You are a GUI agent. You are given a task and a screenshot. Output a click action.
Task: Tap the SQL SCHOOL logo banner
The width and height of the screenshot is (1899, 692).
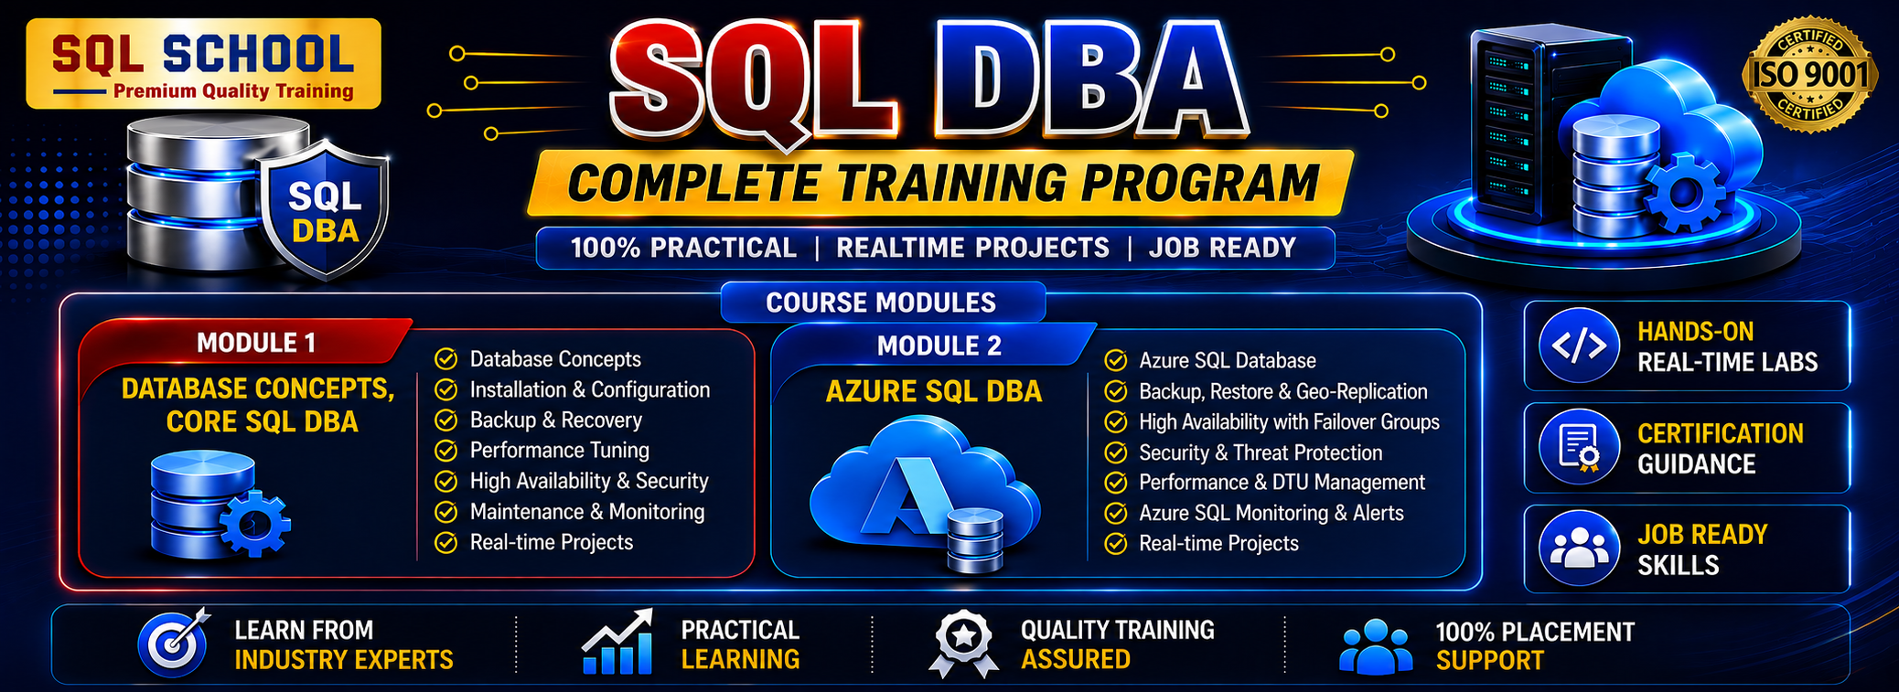click(203, 63)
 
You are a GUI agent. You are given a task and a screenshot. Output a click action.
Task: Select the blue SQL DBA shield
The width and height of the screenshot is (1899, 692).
click(325, 208)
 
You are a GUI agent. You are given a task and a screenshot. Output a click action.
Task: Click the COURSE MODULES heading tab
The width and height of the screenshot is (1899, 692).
click(883, 303)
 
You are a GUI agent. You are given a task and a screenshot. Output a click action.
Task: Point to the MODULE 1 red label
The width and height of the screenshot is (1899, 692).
click(256, 343)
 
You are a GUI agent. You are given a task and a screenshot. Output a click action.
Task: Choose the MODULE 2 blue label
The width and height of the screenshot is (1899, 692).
click(939, 346)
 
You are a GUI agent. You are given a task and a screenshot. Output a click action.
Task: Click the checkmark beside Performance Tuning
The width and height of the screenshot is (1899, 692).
click(445, 451)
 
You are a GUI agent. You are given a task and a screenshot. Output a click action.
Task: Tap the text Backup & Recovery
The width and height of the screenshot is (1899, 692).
click(556, 420)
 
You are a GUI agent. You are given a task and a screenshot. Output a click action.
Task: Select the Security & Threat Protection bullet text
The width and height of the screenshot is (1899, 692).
click(1261, 452)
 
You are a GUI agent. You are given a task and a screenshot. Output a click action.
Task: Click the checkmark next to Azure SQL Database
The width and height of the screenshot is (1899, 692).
click(1116, 360)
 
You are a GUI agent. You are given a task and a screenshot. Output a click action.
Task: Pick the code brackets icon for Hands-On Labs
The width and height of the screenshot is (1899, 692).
click(1579, 346)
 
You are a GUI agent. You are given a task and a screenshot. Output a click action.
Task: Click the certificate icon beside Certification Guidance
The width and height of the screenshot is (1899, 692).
click(1579, 448)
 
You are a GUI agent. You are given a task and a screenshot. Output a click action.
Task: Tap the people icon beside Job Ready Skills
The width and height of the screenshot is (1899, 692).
click(1579, 548)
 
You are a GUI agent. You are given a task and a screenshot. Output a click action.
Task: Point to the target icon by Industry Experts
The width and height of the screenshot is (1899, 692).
click(174, 642)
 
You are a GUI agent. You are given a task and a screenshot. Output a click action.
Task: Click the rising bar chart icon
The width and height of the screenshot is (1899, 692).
click(617, 642)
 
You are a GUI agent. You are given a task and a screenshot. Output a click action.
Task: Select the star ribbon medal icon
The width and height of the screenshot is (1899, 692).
click(963, 644)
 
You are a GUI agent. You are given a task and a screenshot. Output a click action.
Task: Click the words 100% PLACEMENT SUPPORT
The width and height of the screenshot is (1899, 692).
click(1535, 645)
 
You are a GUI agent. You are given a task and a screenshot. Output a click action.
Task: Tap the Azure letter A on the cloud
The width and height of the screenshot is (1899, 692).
click(905, 495)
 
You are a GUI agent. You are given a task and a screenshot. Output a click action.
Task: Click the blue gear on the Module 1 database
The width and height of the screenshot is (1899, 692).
click(255, 524)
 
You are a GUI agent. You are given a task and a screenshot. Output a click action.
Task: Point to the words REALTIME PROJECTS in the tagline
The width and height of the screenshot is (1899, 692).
click(972, 248)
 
